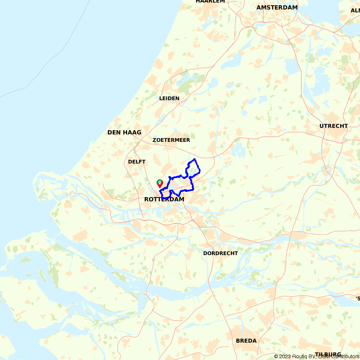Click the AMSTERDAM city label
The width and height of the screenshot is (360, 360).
[277, 8]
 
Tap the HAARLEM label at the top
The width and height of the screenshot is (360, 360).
[210, 1]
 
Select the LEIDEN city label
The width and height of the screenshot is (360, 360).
[169, 98]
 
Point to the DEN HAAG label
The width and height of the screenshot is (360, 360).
[124, 132]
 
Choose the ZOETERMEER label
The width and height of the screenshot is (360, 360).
[171, 140]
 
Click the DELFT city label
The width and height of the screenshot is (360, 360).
[137, 162]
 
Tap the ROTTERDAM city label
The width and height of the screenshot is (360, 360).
[164, 199]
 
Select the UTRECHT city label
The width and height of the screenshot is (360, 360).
[334, 126]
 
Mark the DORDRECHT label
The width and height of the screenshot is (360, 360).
[220, 253]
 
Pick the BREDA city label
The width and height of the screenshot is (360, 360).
[246, 341]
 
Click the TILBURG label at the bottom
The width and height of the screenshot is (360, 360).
[328, 354]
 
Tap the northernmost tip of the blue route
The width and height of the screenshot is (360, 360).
[194, 159]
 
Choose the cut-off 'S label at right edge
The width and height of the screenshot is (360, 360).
[358, 298]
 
